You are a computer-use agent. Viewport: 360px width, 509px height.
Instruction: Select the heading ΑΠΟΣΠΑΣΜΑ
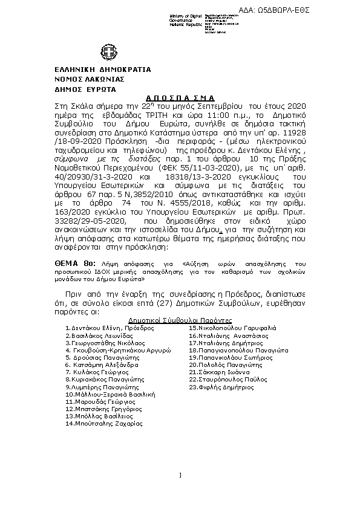click(x=180, y=97)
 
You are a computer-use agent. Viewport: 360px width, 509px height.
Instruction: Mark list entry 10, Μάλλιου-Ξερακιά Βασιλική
click(x=111, y=394)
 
